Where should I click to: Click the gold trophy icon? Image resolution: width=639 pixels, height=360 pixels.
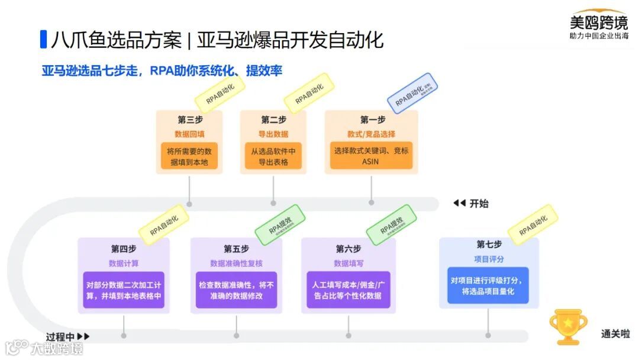pos(568,326)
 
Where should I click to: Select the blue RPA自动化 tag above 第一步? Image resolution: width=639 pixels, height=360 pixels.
pos(412,94)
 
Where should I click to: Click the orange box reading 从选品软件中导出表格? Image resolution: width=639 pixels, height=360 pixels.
pos(273,156)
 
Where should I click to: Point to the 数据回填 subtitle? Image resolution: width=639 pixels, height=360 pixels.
pos(189,134)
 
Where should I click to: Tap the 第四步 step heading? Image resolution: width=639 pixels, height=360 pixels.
pos(124,248)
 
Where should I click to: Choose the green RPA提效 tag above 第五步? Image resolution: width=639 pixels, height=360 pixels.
pos(280,225)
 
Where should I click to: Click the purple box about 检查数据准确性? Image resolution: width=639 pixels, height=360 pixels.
pos(236,290)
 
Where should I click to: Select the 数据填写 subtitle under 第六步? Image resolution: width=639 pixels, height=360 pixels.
pos(348,263)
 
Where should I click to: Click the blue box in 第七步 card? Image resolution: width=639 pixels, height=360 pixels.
pos(488,285)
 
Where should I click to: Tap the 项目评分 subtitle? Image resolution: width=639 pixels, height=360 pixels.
pos(489,259)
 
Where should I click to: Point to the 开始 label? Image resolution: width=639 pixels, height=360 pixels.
pos(479,204)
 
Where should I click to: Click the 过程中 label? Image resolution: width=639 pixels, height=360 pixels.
pos(61,336)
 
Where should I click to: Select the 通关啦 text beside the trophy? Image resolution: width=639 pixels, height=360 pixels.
pos(615,334)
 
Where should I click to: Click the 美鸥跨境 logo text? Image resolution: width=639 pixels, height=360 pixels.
pos(598,23)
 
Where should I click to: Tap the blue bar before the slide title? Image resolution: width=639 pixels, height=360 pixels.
pos(43,39)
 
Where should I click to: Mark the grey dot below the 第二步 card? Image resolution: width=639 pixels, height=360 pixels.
pos(273,203)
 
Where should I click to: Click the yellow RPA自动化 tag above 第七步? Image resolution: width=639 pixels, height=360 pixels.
pos(533,225)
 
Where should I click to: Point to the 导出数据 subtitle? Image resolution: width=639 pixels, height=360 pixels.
pos(273,134)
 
